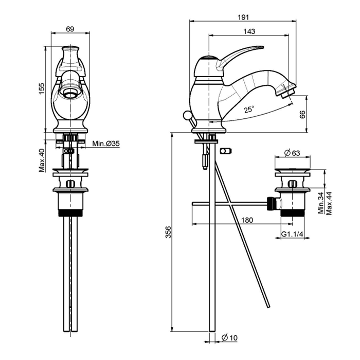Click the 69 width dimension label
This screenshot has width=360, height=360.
click(x=70, y=28)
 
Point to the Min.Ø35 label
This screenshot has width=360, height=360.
click(x=106, y=144)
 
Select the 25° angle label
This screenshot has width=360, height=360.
click(x=249, y=109)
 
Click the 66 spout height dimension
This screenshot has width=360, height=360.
click(x=303, y=114)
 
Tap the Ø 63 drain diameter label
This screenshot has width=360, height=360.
click(x=292, y=152)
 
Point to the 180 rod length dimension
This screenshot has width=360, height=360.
click(x=247, y=220)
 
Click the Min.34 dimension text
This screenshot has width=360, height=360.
click(x=320, y=203)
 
